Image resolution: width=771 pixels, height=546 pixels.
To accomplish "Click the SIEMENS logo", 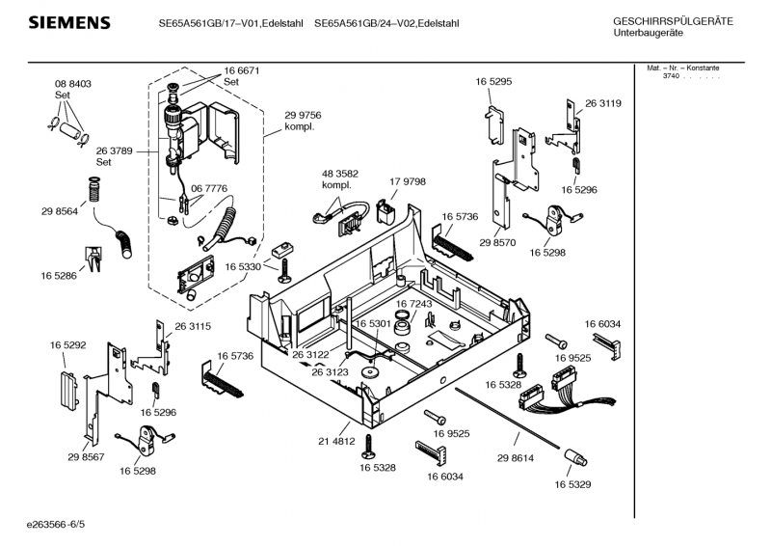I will (68, 22).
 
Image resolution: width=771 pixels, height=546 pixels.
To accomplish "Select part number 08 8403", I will (72, 85).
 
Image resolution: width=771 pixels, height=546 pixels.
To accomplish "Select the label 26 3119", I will (602, 103).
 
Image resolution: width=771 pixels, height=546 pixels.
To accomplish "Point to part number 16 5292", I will (68, 343).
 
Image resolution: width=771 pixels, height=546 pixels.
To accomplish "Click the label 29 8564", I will (59, 212).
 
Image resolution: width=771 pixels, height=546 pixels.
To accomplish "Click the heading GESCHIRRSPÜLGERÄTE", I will (673, 21).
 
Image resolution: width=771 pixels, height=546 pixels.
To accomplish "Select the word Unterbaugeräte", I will (648, 33).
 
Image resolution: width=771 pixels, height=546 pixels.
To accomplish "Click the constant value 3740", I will (672, 76).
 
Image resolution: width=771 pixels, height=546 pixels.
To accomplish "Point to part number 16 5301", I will (372, 324).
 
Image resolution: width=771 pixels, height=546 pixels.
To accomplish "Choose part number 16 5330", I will (243, 266).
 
